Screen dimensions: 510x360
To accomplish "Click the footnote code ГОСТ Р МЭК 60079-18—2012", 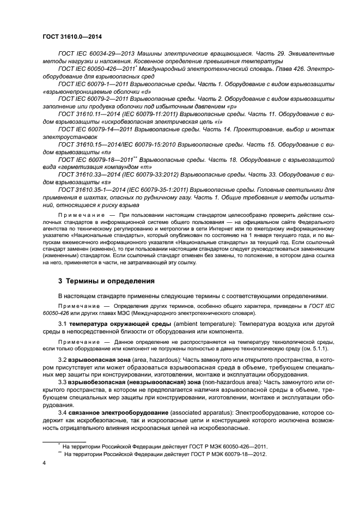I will pyautogui.click(x=229, y=453).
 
